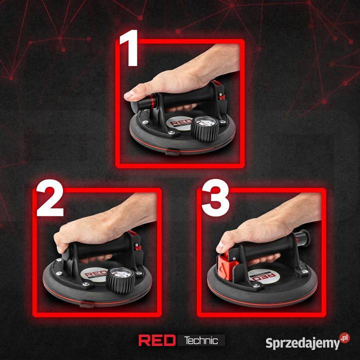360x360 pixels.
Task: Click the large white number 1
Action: pos(130,48)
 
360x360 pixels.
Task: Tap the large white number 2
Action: pos(50,198)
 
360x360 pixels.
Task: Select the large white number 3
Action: pos(215,198)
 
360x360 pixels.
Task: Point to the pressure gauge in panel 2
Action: pos(120,280)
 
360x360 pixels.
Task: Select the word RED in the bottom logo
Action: pos(157,340)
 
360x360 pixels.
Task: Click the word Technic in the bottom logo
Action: pos(201,340)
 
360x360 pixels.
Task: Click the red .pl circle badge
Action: pos(345,337)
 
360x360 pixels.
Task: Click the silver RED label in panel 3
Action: pos(263,275)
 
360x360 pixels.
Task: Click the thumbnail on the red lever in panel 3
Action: pos(219,248)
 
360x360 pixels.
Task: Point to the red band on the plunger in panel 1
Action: pos(152,101)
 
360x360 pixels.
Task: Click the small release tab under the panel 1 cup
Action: pos(171,152)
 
